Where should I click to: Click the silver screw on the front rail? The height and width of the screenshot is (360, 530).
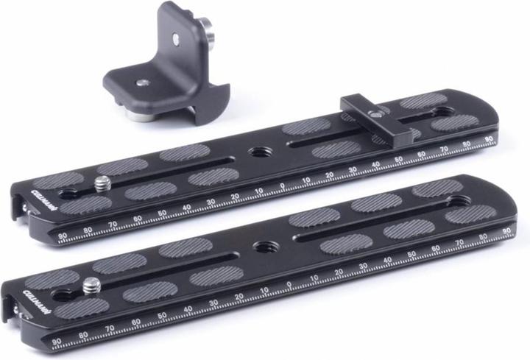pos(92,285)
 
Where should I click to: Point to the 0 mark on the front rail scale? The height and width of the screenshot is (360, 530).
pos(288,283)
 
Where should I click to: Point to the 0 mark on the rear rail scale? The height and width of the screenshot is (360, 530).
pos(283,186)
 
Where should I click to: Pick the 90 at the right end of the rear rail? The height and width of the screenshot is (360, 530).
pos(488,140)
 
